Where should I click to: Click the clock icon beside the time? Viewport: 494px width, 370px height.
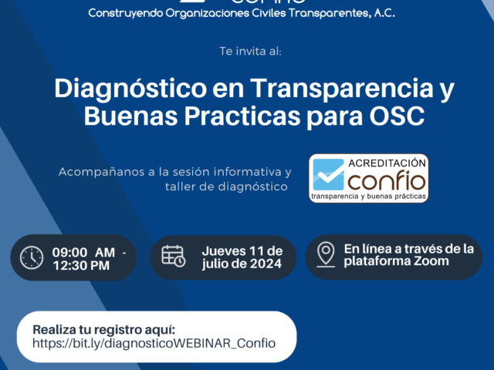[x=32, y=257]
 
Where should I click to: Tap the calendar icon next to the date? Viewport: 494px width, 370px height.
[x=173, y=256]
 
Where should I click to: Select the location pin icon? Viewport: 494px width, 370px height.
[x=326, y=254]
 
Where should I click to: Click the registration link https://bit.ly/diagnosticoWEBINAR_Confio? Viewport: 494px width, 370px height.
[x=154, y=343]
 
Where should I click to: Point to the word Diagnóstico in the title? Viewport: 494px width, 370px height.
[x=130, y=89]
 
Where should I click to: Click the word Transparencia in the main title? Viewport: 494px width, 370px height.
[x=342, y=89]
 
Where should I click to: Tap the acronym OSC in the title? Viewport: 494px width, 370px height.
[x=397, y=116]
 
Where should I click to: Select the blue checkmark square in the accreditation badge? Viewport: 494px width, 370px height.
[x=328, y=174]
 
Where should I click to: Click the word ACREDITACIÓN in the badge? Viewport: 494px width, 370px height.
[x=387, y=163]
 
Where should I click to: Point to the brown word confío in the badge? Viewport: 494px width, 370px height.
[x=387, y=180]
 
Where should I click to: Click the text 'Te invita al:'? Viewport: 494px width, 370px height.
[x=250, y=52]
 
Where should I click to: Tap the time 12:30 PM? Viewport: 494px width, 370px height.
[x=81, y=265]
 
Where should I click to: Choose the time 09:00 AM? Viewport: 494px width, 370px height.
[x=83, y=252]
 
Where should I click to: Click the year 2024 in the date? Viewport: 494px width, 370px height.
[x=264, y=264]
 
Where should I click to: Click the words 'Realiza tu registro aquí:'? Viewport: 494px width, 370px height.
[x=104, y=330]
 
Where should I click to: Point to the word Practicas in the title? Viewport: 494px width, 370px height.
[x=242, y=116]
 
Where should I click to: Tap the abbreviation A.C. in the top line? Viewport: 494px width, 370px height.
[x=384, y=13]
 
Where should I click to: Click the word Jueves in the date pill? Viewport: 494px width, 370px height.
[x=224, y=251]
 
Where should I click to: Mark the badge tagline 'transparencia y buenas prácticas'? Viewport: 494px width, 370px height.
[x=368, y=197]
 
